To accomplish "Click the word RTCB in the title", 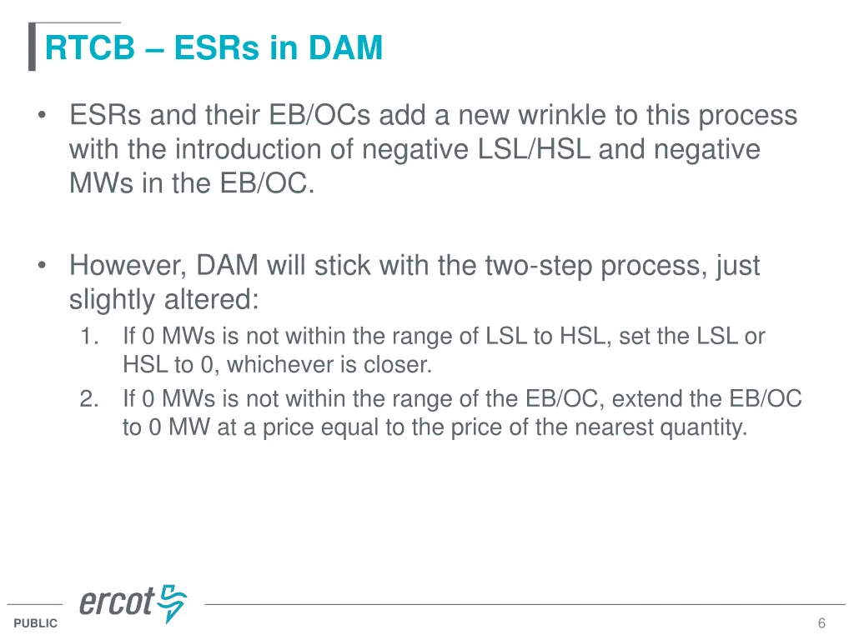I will (x=89, y=48).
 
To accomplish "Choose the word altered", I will (x=219, y=300).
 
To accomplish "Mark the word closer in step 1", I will (x=404, y=364).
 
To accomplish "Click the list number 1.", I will (x=89, y=337).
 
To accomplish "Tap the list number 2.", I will (x=89, y=399).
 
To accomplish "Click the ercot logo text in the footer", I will (x=117, y=602).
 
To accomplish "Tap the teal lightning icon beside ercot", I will (x=173, y=602).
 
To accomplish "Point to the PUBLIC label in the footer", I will (x=36, y=623).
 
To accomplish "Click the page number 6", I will (x=821, y=623).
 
